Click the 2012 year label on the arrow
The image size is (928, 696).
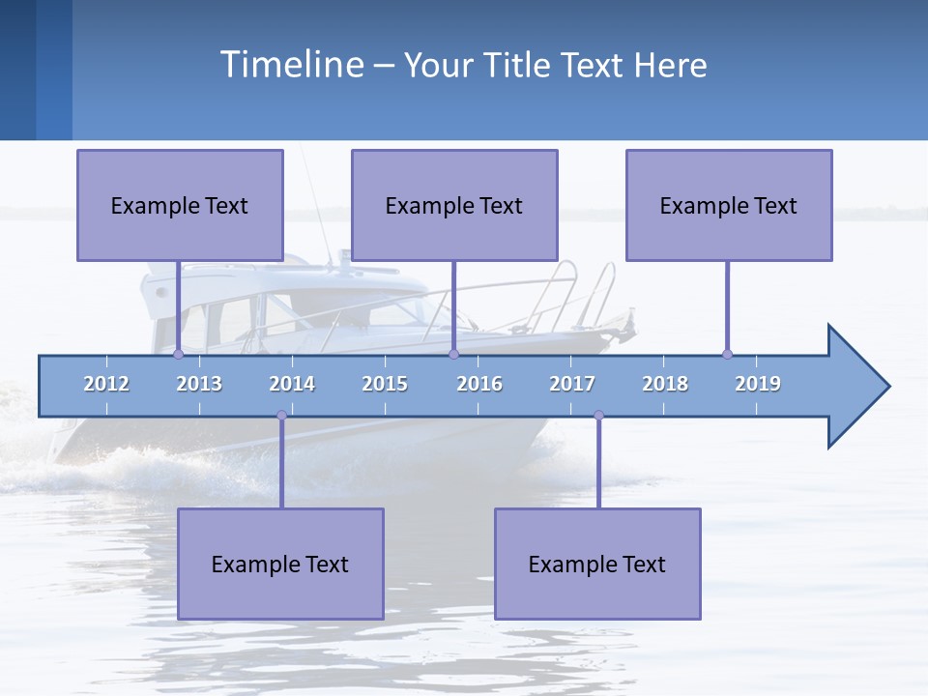tap(106, 384)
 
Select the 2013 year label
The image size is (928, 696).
tap(199, 384)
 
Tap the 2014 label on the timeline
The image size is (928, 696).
tap(292, 384)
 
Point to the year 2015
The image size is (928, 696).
tap(385, 384)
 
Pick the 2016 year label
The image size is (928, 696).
tap(479, 384)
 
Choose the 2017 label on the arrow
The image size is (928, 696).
tap(572, 384)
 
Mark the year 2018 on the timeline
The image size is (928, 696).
tap(665, 384)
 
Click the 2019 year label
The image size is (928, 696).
tap(758, 384)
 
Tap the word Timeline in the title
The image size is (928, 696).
tap(290, 65)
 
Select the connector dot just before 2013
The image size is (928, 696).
tap(178, 355)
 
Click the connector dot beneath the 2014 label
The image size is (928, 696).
tap(281, 415)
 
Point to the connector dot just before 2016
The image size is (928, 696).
tap(453, 355)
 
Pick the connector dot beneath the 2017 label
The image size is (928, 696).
tap(598, 415)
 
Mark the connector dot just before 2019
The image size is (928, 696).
tap(727, 355)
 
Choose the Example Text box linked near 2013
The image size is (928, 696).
tap(180, 205)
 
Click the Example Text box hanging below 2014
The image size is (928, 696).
tap(280, 564)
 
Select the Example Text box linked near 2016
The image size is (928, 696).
tap(454, 205)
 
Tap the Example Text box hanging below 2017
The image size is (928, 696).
tap(597, 564)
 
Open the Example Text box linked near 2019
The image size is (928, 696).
tap(729, 205)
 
